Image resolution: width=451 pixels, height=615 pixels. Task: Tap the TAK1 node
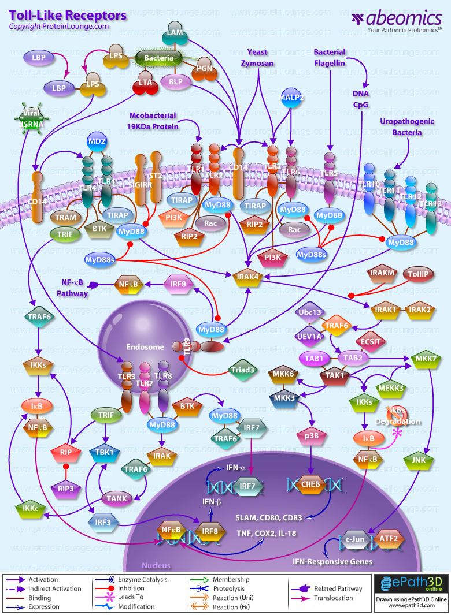[x=338, y=375]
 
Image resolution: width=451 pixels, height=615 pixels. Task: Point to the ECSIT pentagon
[x=370, y=341]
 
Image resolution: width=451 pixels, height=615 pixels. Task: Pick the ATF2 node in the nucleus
[x=389, y=540]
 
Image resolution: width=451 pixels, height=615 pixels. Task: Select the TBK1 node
[x=105, y=452]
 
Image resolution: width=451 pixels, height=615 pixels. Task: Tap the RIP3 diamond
[x=66, y=488]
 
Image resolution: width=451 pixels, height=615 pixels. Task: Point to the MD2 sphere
[x=95, y=141]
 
